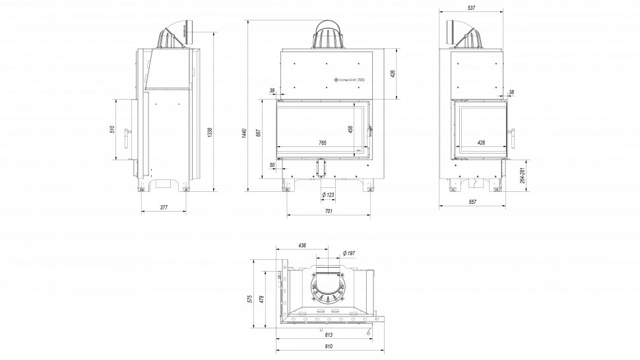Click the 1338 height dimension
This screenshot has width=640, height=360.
click(210, 132)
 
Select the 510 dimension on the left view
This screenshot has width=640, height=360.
click(112, 129)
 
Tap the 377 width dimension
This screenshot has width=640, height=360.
click(164, 208)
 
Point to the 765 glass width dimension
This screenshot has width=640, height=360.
click(323, 143)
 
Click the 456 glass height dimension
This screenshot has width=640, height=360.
click(350, 129)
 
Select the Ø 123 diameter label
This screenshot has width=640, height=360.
click(328, 195)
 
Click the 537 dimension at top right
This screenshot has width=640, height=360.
click(471, 8)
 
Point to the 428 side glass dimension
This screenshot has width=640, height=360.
click(480, 143)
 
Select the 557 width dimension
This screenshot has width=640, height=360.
click(472, 202)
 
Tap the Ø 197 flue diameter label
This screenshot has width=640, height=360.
click(350, 253)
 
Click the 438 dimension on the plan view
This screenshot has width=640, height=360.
click(302, 245)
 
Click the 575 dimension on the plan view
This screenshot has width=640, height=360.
click(249, 298)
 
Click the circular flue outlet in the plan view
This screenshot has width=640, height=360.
click(327, 288)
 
